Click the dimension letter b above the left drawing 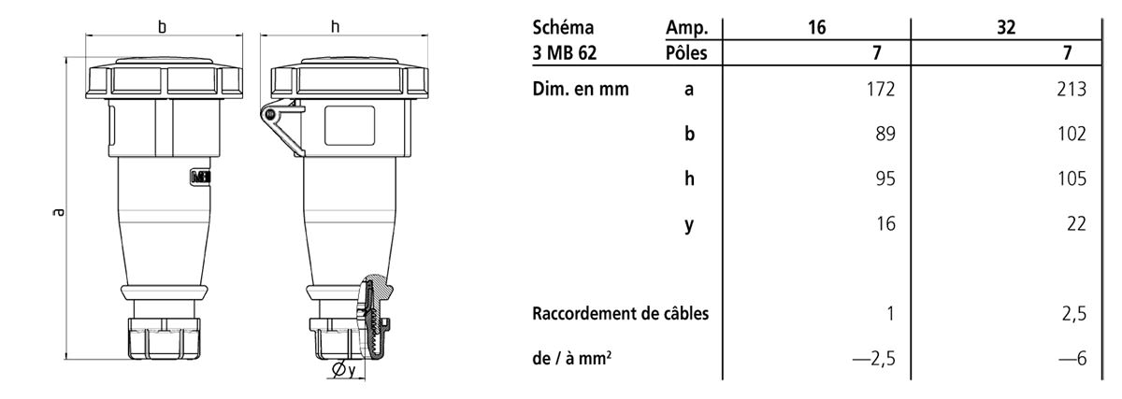163,27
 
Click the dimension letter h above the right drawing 335,27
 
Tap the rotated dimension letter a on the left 59,212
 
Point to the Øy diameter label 344,370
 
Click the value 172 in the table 881,89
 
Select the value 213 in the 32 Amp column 1072,89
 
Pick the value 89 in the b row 885,134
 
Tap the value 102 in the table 1072,134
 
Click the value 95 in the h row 885,178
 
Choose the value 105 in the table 1072,178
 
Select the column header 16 816,27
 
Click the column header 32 1006,27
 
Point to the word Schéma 563,27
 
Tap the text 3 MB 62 565,52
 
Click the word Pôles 686,52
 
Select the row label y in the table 689,225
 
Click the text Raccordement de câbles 621,314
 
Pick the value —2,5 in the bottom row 873,359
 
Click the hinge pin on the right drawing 270,115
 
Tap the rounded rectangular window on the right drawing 350,125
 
